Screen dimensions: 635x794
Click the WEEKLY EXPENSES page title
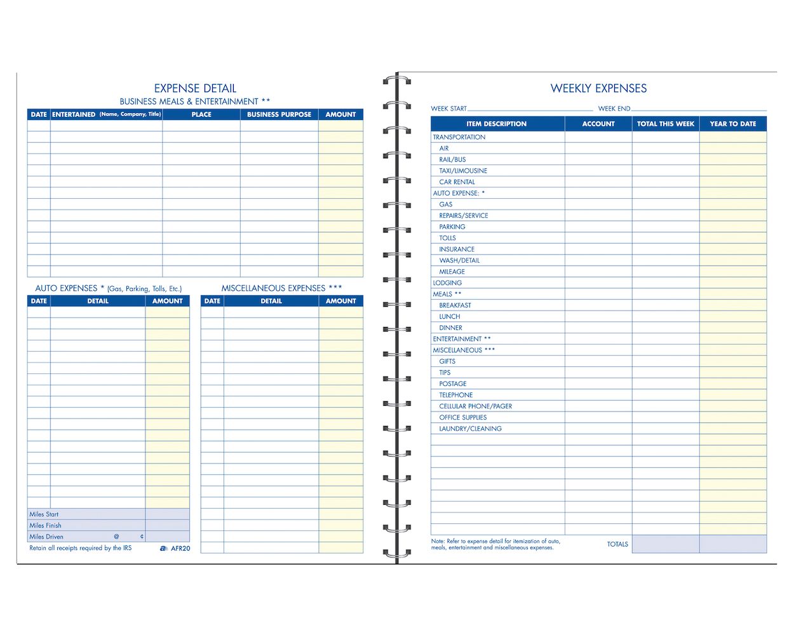(x=598, y=88)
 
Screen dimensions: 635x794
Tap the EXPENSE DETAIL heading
(x=195, y=88)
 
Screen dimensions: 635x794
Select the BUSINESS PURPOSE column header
(x=279, y=114)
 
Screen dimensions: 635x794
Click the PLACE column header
(x=201, y=114)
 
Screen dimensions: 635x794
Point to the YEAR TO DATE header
(x=733, y=124)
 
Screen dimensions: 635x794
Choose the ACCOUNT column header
(x=598, y=124)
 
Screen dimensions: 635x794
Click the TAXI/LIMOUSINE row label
(x=463, y=171)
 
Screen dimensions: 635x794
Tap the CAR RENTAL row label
(x=457, y=182)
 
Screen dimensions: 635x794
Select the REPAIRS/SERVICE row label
(x=464, y=216)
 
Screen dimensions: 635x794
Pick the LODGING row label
(x=447, y=283)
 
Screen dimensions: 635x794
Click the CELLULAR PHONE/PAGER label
(x=475, y=406)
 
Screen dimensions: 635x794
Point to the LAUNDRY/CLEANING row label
(x=470, y=429)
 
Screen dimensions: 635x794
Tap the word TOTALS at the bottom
(x=617, y=544)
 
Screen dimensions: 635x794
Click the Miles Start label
(x=44, y=514)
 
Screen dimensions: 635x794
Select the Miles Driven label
(x=46, y=537)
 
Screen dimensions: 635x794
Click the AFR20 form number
(x=180, y=548)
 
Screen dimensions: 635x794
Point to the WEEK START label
(x=448, y=109)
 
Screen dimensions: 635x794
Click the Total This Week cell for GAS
(x=665, y=204)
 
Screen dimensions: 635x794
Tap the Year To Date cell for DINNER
(x=733, y=328)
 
